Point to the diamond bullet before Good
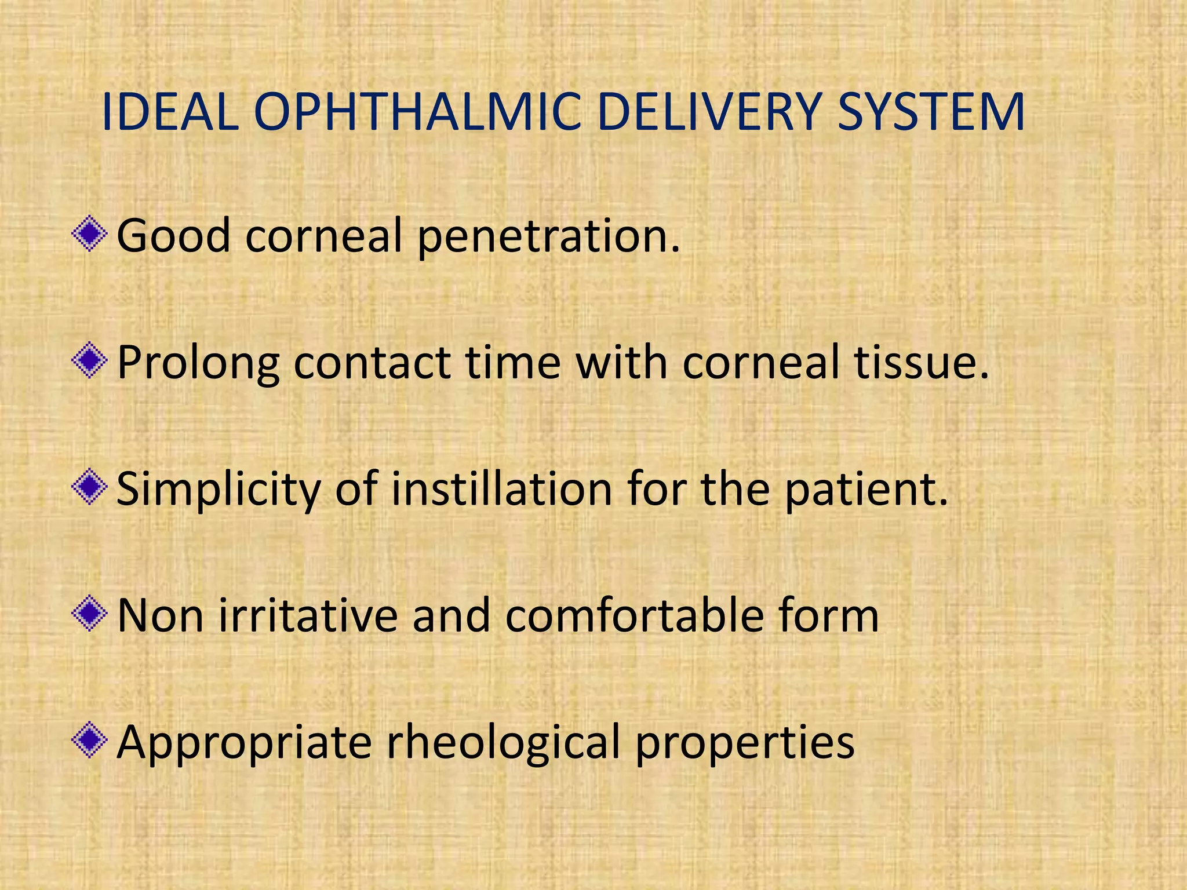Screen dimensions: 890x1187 point(89,235)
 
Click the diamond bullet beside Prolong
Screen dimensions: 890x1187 point(89,362)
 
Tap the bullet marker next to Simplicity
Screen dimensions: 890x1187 point(89,488)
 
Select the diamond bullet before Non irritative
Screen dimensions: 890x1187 point(89,614)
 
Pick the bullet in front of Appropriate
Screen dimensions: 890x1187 point(89,741)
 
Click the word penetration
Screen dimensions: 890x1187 point(548,236)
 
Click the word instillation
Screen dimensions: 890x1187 point(502,488)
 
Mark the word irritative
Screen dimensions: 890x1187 point(308,615)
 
